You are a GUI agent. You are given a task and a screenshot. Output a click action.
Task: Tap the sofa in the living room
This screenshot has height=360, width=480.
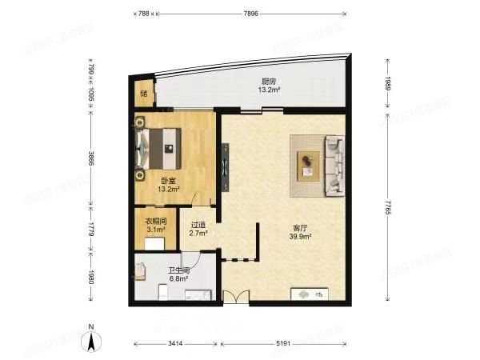point(333,166)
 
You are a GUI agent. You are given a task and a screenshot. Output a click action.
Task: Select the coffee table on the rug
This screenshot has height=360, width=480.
point(308,165)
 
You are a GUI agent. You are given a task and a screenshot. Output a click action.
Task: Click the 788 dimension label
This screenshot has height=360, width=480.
point(143,13)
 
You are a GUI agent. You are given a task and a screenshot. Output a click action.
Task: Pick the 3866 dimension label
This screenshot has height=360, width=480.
point(91,163)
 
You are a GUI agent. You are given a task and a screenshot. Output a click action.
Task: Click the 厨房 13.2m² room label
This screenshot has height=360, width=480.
point(269,86)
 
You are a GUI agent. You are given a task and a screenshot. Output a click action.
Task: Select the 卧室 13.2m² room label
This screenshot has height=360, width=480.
point(168,185)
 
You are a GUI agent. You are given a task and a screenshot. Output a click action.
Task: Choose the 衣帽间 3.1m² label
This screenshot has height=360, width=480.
point(155,226)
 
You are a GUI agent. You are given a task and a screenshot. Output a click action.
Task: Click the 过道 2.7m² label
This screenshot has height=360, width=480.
point(198,229)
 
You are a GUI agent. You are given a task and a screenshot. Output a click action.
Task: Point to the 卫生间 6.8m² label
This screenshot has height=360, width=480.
point(178,274)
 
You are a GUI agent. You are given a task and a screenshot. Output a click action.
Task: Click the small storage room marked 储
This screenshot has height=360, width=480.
point(144,94)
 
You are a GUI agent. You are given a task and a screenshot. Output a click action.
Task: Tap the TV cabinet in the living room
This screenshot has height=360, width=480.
point(309,294)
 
